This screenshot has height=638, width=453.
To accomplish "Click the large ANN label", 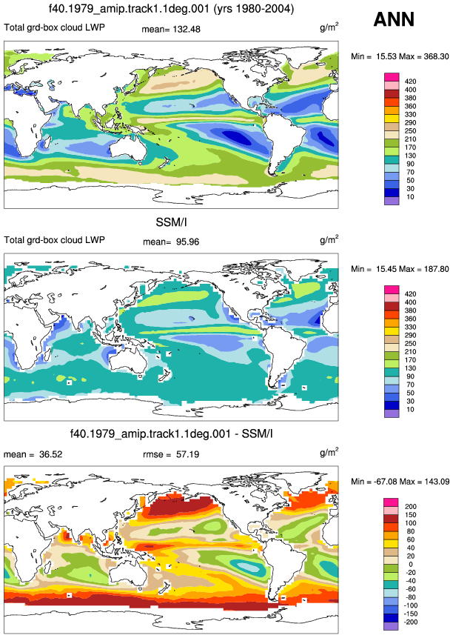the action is pos(394,19).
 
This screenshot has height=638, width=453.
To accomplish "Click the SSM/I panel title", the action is pos(171,222).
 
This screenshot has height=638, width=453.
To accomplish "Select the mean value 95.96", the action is pos(188,242).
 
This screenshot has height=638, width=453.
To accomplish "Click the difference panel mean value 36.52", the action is pos(51,454).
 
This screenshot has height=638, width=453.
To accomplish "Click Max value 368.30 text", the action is pos(435,56).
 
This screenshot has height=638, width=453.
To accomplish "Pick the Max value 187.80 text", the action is pos(435,269).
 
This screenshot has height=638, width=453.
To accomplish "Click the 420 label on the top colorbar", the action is pos(410,82).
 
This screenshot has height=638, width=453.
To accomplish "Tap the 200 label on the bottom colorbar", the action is pos(411,507).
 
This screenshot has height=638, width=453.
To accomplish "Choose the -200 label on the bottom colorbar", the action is pos(411,622).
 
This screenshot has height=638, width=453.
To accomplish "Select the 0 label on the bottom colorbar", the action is pos(411,565).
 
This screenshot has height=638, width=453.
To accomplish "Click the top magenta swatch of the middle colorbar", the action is pos(392,290).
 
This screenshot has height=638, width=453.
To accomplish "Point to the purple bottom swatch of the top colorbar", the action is pos(392,201).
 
